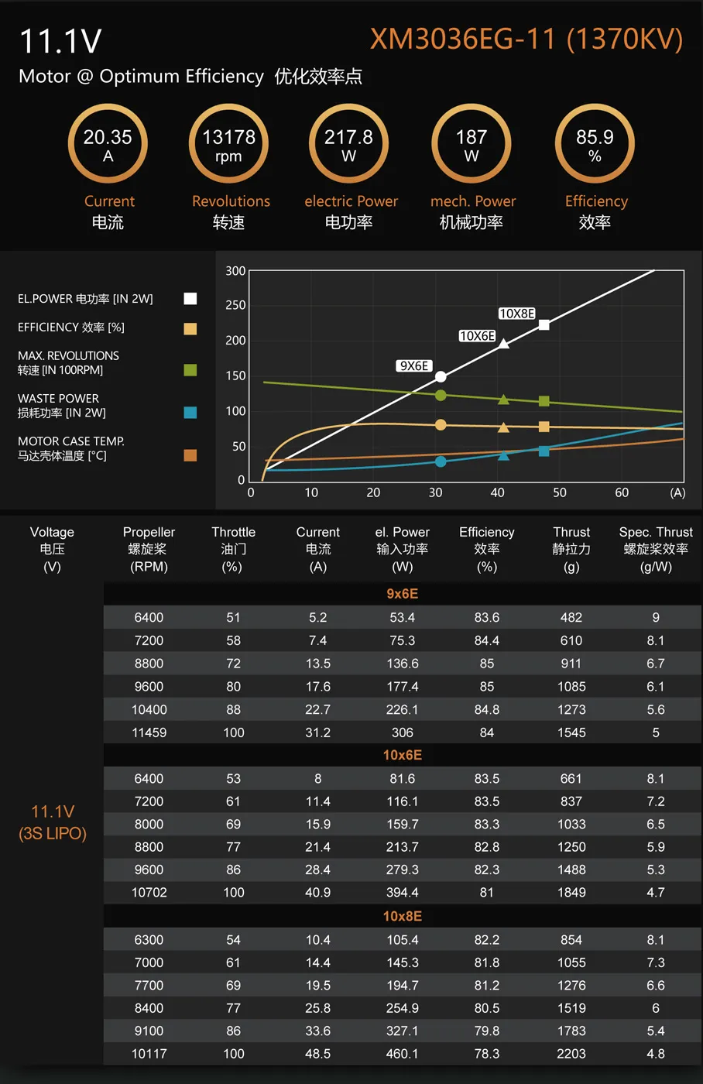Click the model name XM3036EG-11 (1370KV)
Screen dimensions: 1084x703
pyautogui.click(x=526, y=39)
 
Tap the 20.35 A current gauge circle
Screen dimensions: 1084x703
pyautogui.click(x=108, y=144)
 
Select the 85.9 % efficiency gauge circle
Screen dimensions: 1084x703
pyautogui.click(x=595, y=144)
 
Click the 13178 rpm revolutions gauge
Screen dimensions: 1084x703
pyautogui.click(x=228, y=144)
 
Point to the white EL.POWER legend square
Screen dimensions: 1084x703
pyautogui.click(x=190, y=299)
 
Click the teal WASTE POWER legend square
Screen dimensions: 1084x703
pyautogui.click(x=190, y=413)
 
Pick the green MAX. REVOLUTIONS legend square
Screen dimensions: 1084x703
pyautogui.click(x=190, y=370)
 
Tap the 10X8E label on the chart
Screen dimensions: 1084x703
pyautogui.click(x=516, y=314)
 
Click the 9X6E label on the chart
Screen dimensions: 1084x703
pyautogui.click(x=414, y=366)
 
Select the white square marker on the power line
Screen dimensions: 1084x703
pyautogui.click(x=544, y=325)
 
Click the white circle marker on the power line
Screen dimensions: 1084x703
pyautogui.click(x=441, y=377)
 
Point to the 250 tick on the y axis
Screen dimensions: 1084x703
pyautogui.click(x=235, y=305)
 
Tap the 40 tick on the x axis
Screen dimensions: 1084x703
pyautogui.click(x=497, y=492)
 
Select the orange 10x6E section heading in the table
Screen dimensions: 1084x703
pyautogui.click(x=402, y=755)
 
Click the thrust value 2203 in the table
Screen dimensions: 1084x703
pyautogui.click(x=571, y=1054)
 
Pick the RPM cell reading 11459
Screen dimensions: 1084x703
pyautogui.click(x=149, y=732)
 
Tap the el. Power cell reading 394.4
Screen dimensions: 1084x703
pyautogui.click(x=402, y=893)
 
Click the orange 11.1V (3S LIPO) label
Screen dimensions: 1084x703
pyautogui.click(x=53, y=822)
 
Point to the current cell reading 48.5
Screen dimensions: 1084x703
pyautogui.click(x=317, y=1054)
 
